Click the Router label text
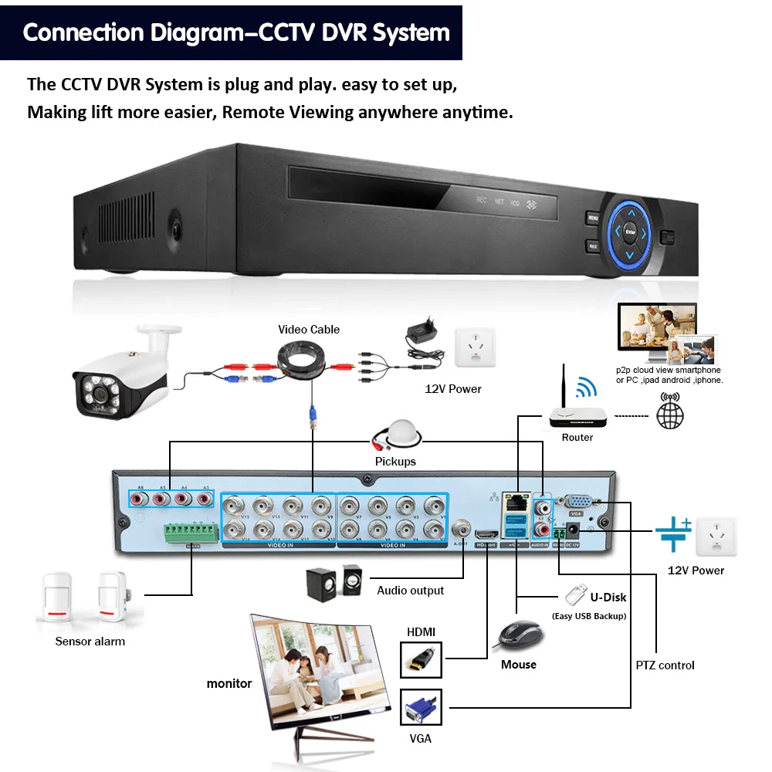point(577,438)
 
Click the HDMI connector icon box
point(421,660)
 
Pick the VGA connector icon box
point(421,708)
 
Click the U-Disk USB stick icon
point(574,595)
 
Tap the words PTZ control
point(665,665)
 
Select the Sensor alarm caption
point(90,642)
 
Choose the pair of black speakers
point(334,584)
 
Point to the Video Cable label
point(309,330)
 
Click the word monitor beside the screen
point(229,683)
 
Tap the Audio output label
point(411,591)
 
